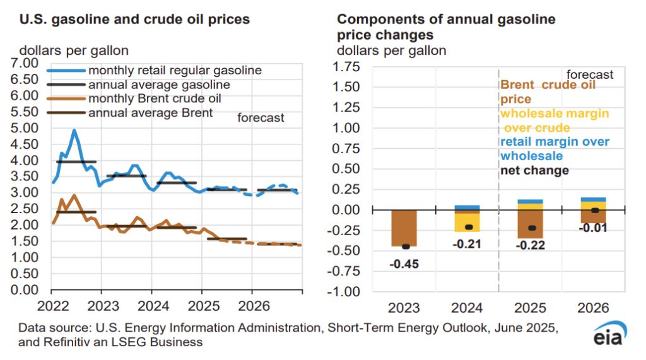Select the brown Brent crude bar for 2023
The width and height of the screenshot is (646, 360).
pos(404,228)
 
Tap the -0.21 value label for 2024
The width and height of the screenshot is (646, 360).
pos(467,244)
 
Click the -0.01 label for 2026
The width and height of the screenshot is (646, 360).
pos(594,228)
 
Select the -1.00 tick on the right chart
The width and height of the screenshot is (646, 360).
pos(347,293)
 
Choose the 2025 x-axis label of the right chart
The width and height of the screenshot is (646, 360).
pos(531,309)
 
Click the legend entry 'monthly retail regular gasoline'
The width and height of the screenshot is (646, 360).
pos(175,70)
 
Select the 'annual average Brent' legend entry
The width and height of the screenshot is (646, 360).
pos(152,113)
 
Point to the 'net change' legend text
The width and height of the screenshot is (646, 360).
pos(534,171)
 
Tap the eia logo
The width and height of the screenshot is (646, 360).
pos(609,337)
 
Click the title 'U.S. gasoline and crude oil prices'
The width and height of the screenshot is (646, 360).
pos(135,20)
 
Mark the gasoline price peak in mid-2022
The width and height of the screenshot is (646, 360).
pos(74,131)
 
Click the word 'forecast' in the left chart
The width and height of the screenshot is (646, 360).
pos(261,118)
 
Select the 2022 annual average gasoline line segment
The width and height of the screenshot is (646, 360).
pos(76,162)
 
